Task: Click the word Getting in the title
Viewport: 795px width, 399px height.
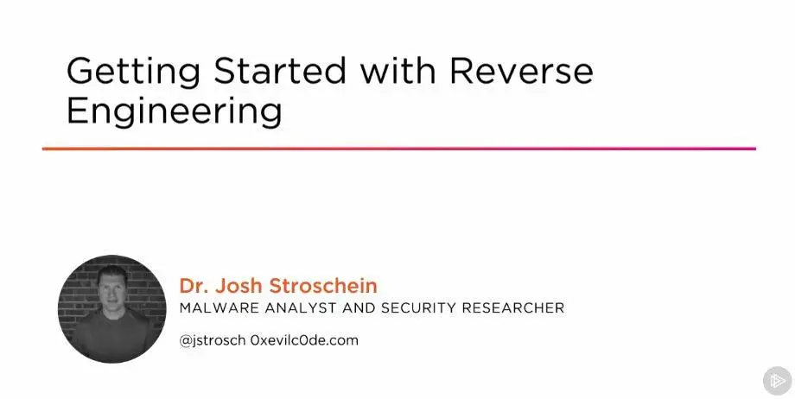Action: point(133,73)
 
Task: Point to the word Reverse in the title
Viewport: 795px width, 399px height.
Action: point(521,71)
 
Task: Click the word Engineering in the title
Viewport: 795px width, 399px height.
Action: point(174,113)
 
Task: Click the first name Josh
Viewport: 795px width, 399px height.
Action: point(239,286)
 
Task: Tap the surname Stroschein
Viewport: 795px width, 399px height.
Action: point(323,286)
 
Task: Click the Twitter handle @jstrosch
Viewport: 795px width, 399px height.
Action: point(213,340)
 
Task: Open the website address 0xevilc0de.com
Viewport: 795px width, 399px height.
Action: point(304,339)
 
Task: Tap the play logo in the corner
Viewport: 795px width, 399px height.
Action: point(777,380)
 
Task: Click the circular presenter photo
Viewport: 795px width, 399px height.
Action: point(112,309)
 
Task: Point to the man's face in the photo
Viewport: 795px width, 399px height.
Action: point(112,289)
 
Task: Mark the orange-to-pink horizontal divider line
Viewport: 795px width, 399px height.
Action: point(399,149)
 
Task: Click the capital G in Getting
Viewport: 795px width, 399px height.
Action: point(80,71)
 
